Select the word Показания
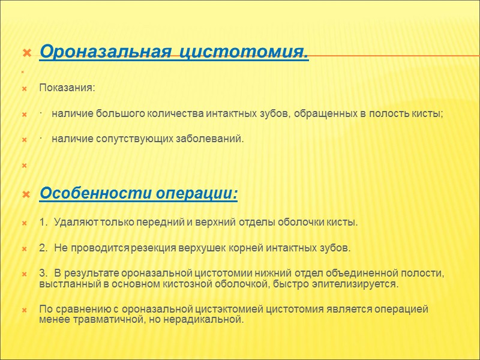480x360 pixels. tap(67, 88)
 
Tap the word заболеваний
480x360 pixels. tap(213, 139)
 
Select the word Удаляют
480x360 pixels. tap(73, 223)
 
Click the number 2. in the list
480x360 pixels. tap(43, 248)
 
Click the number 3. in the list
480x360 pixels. tap(43, 273)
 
